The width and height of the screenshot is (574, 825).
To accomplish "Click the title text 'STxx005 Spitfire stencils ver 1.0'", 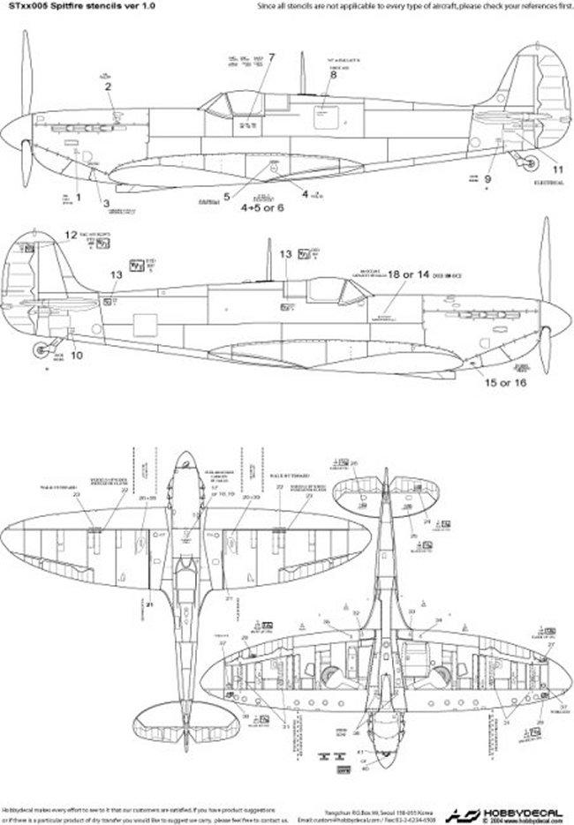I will click(64, 5).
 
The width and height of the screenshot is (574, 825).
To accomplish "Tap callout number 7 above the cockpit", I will click(271, 58).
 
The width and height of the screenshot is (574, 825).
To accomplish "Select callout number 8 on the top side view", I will click(334, 75).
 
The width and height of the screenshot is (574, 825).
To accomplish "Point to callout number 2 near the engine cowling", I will click(108, 86).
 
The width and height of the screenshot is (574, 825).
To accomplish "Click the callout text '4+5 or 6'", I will click(263, 209).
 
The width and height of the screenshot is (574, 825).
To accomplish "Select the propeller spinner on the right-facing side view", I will click(553, 311).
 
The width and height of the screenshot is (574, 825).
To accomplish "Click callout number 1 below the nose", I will click(78, 198).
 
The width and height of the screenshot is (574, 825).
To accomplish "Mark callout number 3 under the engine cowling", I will click(107, 204).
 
